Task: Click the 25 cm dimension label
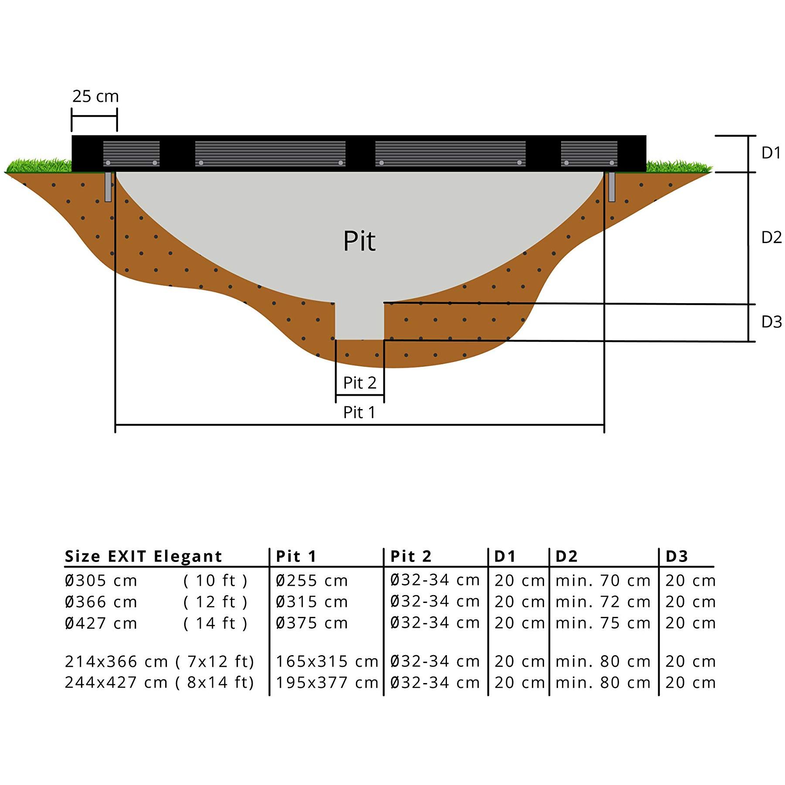(x=95, y=96)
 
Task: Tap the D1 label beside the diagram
(x=771, y=153)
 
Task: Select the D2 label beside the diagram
(x=771, y=237)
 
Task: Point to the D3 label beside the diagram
(x=771, y=322)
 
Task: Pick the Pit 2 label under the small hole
(x=360, y=383)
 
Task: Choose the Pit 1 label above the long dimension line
(x=359, y=412)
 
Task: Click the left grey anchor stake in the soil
(x=108, y=187)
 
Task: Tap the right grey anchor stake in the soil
(x=612, y=187)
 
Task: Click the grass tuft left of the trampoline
(x=38, y=166)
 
